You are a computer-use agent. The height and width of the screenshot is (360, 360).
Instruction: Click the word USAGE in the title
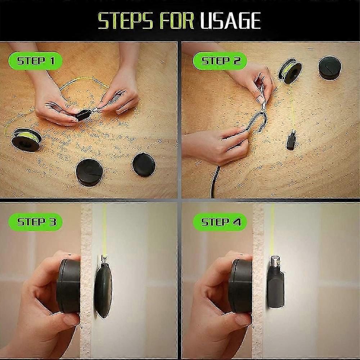click(230, 21)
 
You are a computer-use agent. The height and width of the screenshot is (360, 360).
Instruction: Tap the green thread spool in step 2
click(290, 72)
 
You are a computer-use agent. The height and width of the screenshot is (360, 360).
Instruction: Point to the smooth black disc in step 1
click(144, 164)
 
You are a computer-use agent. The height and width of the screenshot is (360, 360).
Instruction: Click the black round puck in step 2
click(330, 68)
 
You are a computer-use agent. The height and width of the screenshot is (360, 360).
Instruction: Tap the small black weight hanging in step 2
click(291, 141)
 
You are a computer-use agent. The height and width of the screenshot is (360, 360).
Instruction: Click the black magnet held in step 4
click(240, 286)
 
